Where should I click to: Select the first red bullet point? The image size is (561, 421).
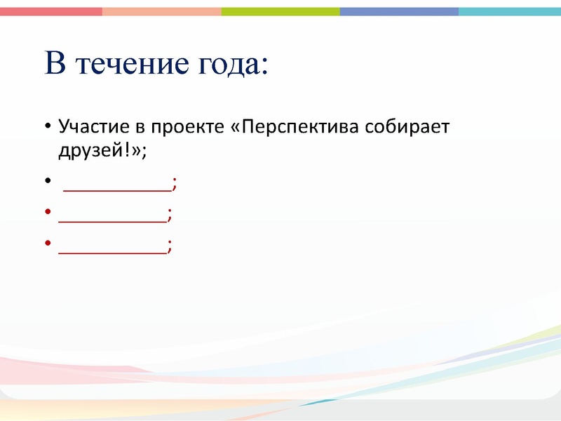[47, 213]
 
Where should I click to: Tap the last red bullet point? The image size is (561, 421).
[47, 243]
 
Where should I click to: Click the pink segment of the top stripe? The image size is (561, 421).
[50, 11]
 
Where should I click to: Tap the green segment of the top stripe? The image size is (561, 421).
[280, 11]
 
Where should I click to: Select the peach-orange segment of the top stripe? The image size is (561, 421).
[161, 11]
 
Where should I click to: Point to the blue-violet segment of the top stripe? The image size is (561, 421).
[399, 11]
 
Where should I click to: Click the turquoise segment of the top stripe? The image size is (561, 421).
[510, 11]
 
